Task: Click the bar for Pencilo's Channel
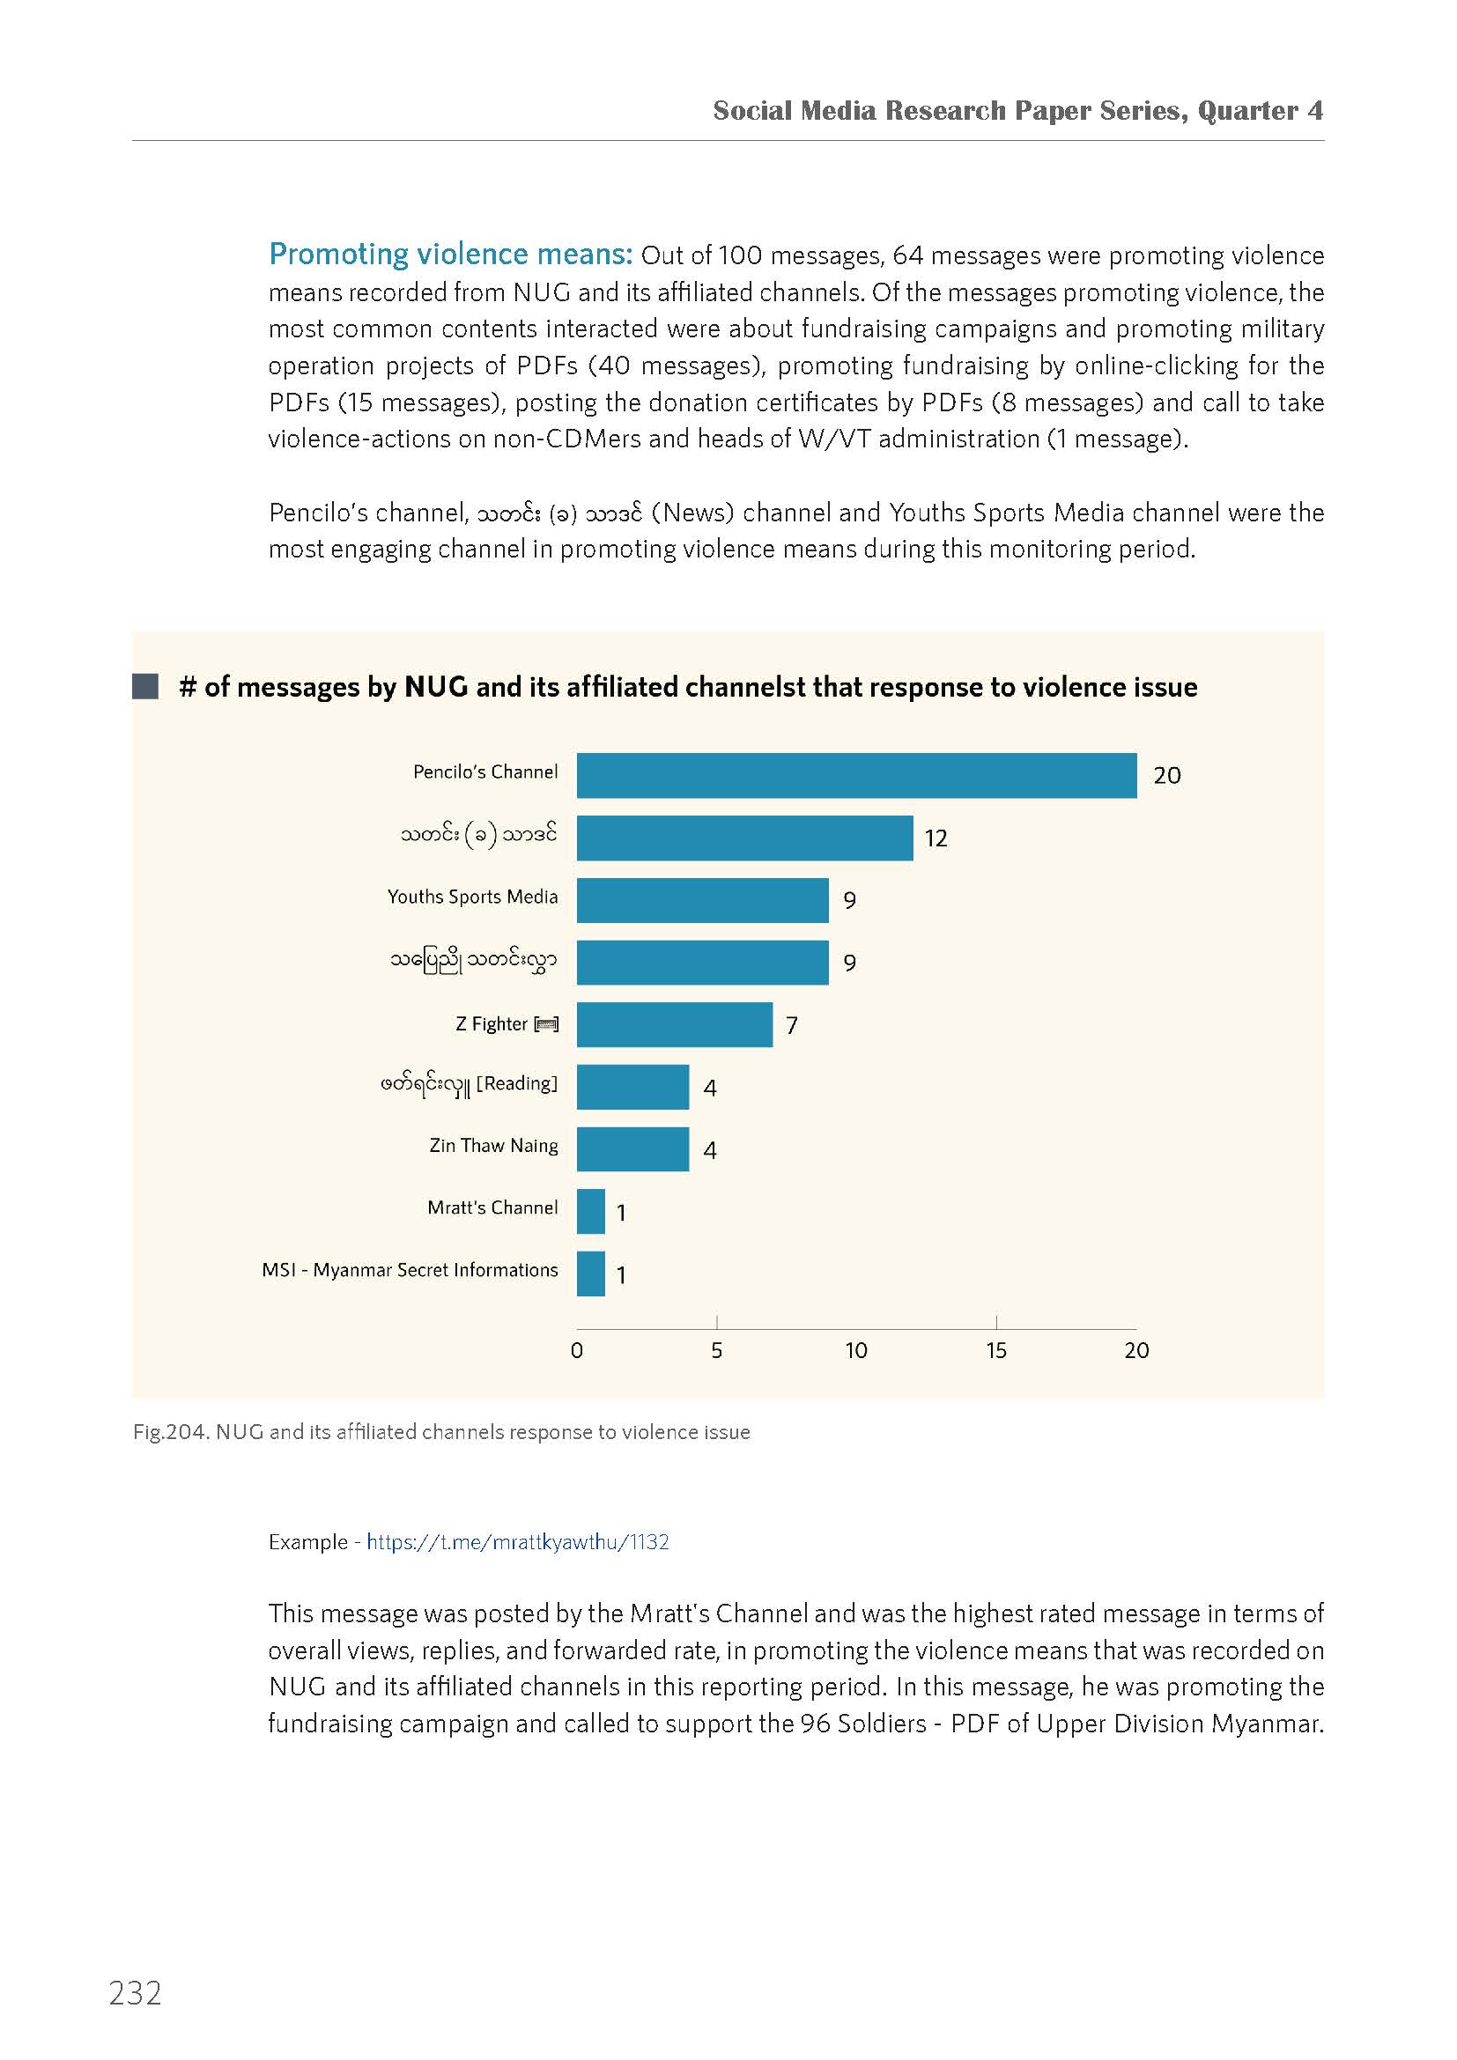click(856, 775)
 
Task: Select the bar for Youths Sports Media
click(702, 900)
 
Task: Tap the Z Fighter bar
click(675, 1024)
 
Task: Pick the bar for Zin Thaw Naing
click(632, 1149)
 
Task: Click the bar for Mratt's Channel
click(590, 1211)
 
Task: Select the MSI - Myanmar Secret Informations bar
click(590, 1274)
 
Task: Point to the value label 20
click(1167, 775)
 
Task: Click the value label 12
click(936, 838)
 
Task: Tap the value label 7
click(791, 1025)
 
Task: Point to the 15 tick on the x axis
click(996, 1350)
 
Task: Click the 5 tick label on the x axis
click(716, 1350)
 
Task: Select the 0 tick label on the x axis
click(577, 1350)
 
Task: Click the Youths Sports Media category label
click(472, 897)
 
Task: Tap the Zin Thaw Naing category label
click(493, 1146)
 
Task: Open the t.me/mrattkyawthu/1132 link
click(518, 1541)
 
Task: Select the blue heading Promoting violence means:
click(451, 255)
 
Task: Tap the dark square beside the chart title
click(145, 686)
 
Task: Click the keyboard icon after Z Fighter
click(546, 1024)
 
